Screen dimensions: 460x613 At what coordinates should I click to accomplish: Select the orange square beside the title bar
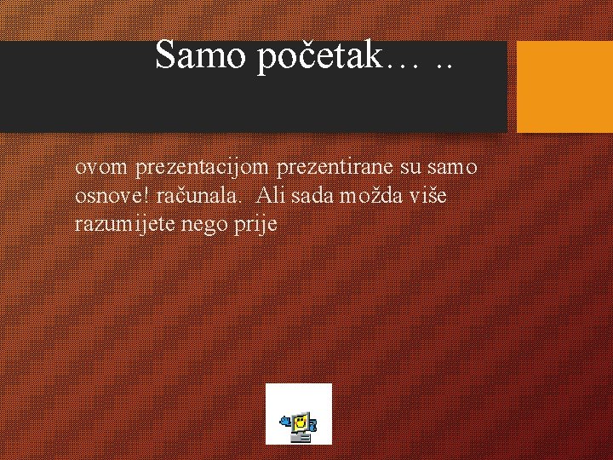pyautogui.click(x=565, y=87)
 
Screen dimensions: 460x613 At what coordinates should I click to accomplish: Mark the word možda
pyautogui.click(x=373, y=196)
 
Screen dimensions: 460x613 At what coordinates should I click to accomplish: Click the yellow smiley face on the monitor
pyautogui.click(x=300, y=421)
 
